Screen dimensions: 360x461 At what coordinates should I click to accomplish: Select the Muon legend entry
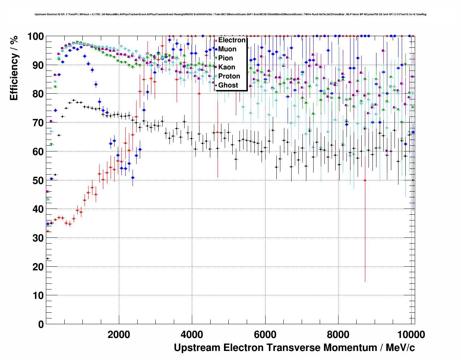227,49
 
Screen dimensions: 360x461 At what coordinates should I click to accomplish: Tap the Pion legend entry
225,58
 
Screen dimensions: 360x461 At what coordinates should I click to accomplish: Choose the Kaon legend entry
227,67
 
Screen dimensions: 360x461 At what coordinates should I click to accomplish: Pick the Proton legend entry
229,76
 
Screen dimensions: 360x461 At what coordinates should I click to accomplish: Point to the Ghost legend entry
228,85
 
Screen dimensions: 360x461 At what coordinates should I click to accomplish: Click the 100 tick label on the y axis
35,37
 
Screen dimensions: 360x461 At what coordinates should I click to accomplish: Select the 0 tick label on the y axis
41,324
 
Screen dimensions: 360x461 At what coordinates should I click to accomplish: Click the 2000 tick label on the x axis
119,335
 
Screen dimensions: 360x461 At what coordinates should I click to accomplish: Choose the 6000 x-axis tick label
265,335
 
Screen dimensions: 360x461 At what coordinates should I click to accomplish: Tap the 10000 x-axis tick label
411,335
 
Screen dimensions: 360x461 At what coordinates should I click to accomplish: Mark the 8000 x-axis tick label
338,335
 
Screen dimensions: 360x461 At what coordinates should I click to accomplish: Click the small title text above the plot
231,14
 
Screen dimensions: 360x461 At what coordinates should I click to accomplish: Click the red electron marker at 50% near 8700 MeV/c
365,180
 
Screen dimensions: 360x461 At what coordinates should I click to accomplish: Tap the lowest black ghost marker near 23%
47,258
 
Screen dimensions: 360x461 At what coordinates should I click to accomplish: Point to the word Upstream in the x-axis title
197,348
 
